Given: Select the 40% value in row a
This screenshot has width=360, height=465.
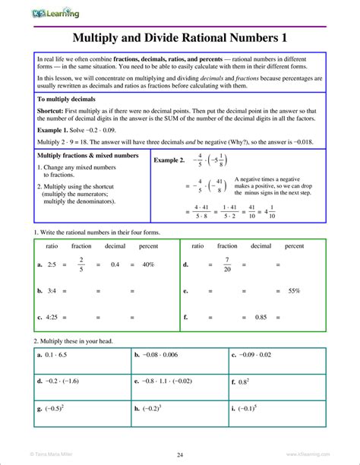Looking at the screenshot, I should tap(147, 264).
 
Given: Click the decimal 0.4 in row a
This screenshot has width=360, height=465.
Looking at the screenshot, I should tap(115, 264).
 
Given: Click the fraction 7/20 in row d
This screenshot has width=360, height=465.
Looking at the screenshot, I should tap(226, 264).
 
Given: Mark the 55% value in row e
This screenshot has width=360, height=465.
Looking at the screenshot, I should tap(294, 291).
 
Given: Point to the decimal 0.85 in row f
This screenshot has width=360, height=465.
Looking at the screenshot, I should tap(261, 317).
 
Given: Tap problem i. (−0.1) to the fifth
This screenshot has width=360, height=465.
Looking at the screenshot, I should tap(245, 408).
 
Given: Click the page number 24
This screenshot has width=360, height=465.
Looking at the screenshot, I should tap(180, 454).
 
